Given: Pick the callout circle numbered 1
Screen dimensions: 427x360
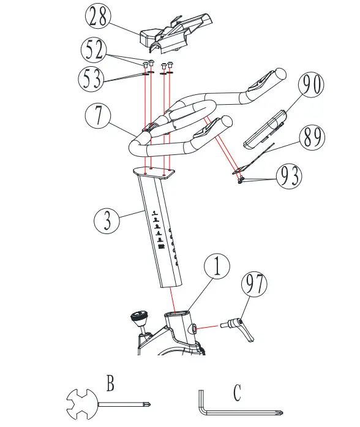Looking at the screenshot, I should coord(218,268).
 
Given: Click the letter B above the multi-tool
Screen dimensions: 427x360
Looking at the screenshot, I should coord(110,384).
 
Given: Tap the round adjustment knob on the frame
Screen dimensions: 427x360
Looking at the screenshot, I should coord(140,318).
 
